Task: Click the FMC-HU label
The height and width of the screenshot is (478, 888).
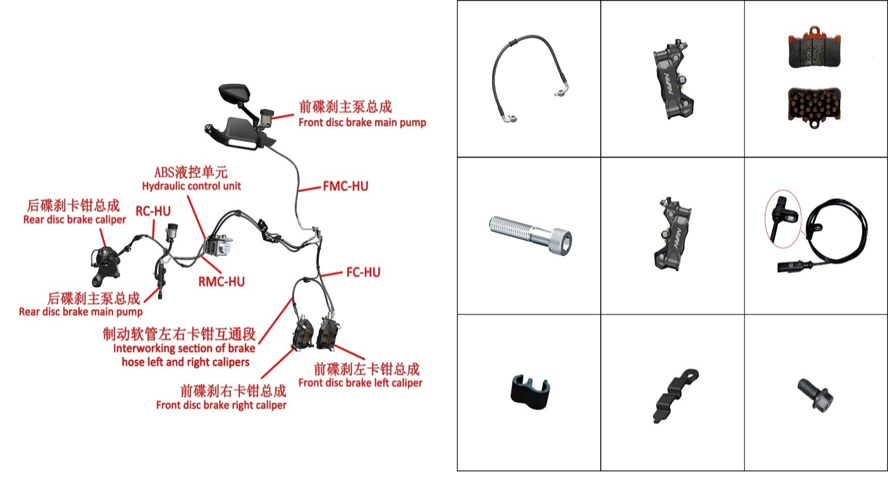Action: tap(345, 186)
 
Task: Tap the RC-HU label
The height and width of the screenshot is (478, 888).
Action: tap(153, 211)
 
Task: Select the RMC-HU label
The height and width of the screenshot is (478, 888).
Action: tap(221, 282)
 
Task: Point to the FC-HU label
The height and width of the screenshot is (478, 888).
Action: tap(363, 272)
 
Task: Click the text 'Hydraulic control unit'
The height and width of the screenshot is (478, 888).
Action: tap(192, 186)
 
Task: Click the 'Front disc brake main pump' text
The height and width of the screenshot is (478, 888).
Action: tap(362, 122)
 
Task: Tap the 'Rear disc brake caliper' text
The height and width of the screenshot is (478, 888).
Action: tap(75, 220)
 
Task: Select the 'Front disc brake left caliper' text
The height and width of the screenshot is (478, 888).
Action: tap(360, 383)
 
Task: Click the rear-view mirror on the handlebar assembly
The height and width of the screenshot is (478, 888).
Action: tap(234, 94)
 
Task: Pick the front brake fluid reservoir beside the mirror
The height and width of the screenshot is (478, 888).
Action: tap(266, 117)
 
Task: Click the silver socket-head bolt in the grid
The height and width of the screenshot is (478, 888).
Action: tap(530, 235)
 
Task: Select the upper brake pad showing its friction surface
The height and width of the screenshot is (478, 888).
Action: tap(815, 48)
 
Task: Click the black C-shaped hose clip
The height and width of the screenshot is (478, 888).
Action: tap(530, 392)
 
